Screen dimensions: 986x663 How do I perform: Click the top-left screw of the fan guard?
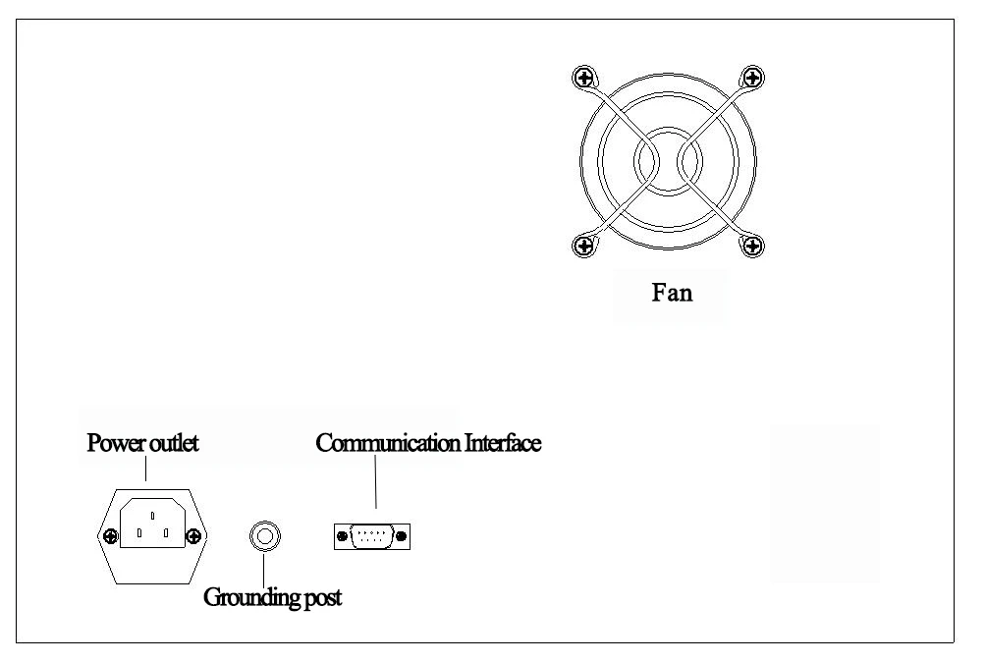[x=584, y=78]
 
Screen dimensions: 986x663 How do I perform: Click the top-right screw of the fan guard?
[x=752, y=78]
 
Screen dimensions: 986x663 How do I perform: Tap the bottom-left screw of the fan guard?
[x=584, y=246]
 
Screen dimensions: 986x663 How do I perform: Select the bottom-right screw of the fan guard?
[x=752, y=246]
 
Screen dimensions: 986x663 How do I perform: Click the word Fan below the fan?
[x=672, y=293]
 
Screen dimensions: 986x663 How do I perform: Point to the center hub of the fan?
[x=668, y=162]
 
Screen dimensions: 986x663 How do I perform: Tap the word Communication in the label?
[x=388, y=443]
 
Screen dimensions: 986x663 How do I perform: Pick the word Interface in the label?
[x=503, y=443]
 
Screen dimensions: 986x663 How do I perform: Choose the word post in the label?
[x=323, y=598]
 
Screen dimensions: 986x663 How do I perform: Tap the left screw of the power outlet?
[x=111, y=536]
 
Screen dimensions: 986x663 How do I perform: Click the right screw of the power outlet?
[x=193, y=536]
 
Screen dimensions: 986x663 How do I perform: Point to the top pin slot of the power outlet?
[x=153, y=516]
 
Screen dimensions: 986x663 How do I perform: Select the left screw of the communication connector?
[x=342, y=536]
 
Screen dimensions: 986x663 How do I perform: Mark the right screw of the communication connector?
[x=402, y=536]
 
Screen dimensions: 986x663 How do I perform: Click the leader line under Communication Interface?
[x=376, y=482]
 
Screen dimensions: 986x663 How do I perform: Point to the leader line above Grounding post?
[x=263, y=571]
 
